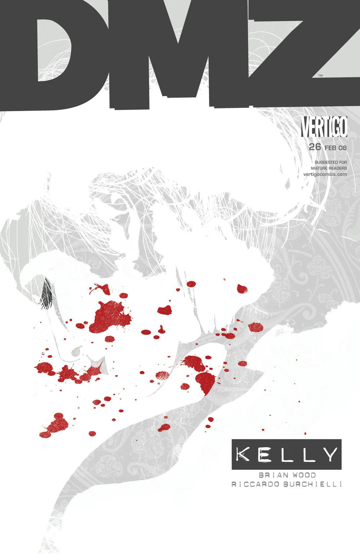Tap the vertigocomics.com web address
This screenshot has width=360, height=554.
325,174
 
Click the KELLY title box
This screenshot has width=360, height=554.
286,454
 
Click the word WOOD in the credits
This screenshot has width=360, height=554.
295,475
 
